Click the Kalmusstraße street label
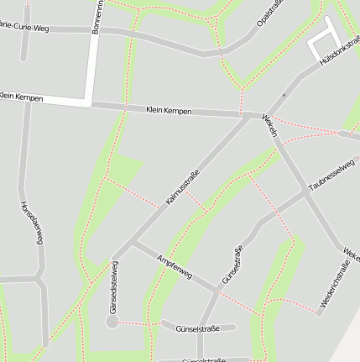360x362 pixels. [x=182, y=186]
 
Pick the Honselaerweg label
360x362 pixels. [x=30, y=222]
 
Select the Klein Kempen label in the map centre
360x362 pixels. [x=168, y=110]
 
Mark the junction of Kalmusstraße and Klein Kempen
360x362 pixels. [x=249, y=115]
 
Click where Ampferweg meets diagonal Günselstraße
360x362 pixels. [x=217, y=293]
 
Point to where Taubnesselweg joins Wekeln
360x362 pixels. [x=304, y=192]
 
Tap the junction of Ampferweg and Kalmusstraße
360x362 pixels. [x=132, y=243]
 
